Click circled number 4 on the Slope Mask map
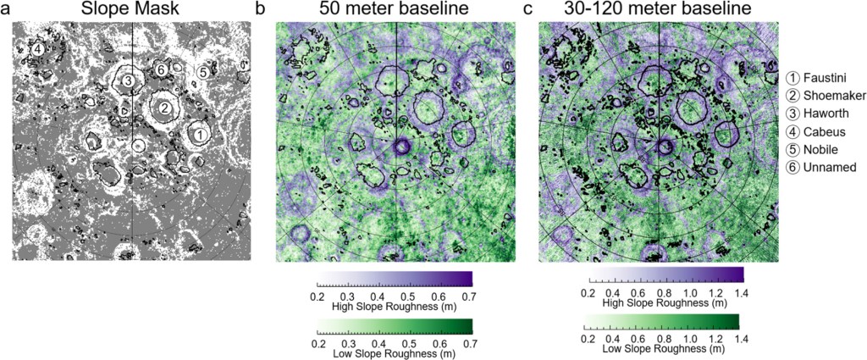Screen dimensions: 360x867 36,49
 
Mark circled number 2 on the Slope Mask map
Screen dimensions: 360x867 166,108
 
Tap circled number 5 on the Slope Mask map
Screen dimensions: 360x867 202,73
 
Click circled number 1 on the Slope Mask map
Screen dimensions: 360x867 197,134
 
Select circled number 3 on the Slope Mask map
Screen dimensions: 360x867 126,80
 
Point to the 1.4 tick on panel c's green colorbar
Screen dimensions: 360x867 738,335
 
